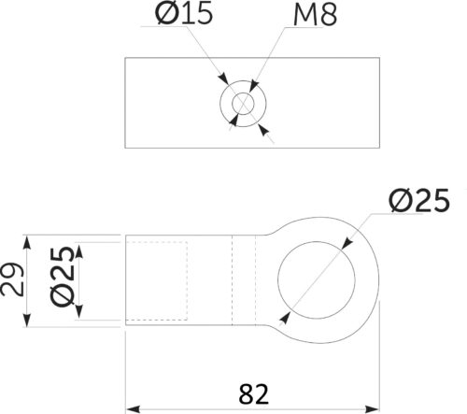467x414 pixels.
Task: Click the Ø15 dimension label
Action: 184,13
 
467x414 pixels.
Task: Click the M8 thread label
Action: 315,15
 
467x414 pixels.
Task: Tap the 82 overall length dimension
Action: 253,394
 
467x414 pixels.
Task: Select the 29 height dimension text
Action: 12,279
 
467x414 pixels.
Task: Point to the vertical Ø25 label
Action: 63,277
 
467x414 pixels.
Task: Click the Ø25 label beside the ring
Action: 419,200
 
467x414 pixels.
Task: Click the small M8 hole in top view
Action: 243,104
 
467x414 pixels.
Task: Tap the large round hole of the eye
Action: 317,280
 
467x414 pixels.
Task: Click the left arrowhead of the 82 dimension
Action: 133,409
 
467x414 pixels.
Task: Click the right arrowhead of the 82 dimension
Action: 372,409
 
